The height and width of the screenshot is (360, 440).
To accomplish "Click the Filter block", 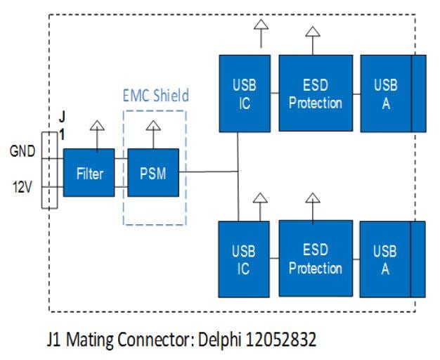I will click(89, 172).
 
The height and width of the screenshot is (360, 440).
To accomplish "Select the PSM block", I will click(153, 172).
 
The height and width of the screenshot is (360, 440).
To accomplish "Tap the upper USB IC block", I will click(244, 94).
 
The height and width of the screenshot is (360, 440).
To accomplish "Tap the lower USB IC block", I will click(244, 259).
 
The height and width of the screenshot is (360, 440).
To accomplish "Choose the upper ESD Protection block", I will click(316, 94).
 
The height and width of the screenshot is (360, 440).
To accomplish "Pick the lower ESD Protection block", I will click(316, 259).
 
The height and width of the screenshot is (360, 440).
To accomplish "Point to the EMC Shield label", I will click(155, 94).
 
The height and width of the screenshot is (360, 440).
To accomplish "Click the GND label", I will click(20, 150).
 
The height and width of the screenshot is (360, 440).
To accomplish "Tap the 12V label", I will click(20, 188).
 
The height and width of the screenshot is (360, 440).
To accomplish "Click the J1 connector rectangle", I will click(50, 169).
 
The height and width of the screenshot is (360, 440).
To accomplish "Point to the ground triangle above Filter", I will click(97, 127).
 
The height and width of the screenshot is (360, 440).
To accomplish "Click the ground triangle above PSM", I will click(153, 127).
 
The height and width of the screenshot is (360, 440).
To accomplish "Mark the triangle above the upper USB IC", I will click(261, 26).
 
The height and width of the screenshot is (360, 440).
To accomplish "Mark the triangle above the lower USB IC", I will click(259, 198).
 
